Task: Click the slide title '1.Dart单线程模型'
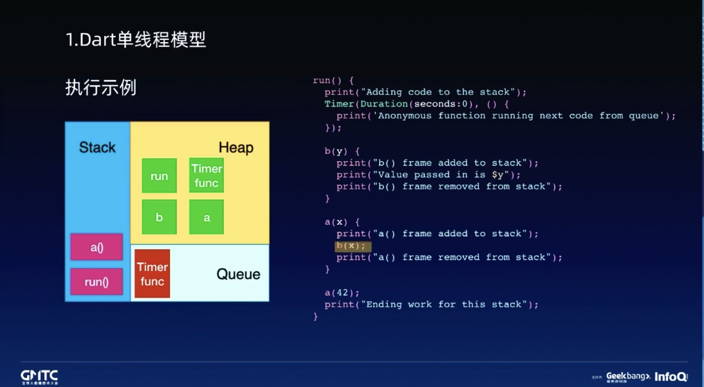[x=136, y=40]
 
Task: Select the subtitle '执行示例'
[x=100, y=88]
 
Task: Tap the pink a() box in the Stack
[x=96, y=247]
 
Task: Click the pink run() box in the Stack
[x=96, y=282]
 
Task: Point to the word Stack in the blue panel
[x=97, y=147]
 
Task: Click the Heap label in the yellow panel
[x=236, y=148]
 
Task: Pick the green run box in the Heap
[x=159, y=176]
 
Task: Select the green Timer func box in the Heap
[x=206, y=176]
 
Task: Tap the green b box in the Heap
[x=159, y=217]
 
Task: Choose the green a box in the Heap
[x=206, y=217]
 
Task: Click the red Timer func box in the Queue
[x=152, y=274]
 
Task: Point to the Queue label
[x=238, y=274]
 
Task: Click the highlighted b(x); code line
[x=352, y=246]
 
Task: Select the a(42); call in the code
[x=342, y=293]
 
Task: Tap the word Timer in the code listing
[x=339, y=104]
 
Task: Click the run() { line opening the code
[x=333, y=80]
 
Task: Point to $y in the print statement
[x=497, y=175]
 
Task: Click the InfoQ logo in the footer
[x=671, y=377]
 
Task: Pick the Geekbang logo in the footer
[x=627, y=377]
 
